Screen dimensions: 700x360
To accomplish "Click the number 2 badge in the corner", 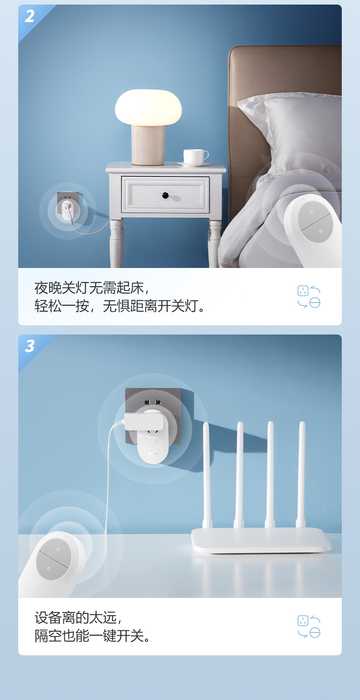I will pos(30,16).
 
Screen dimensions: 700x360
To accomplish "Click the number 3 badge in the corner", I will pos(30,346).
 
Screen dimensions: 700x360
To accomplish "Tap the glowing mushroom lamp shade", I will pos(148,107).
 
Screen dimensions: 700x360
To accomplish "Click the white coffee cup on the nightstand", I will pos(195,156).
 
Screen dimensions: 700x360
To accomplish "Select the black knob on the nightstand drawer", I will pos(165,196).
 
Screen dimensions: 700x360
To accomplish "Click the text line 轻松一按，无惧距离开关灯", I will pos(121,306).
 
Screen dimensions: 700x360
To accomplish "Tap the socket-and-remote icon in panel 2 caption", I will pos(309,297).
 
